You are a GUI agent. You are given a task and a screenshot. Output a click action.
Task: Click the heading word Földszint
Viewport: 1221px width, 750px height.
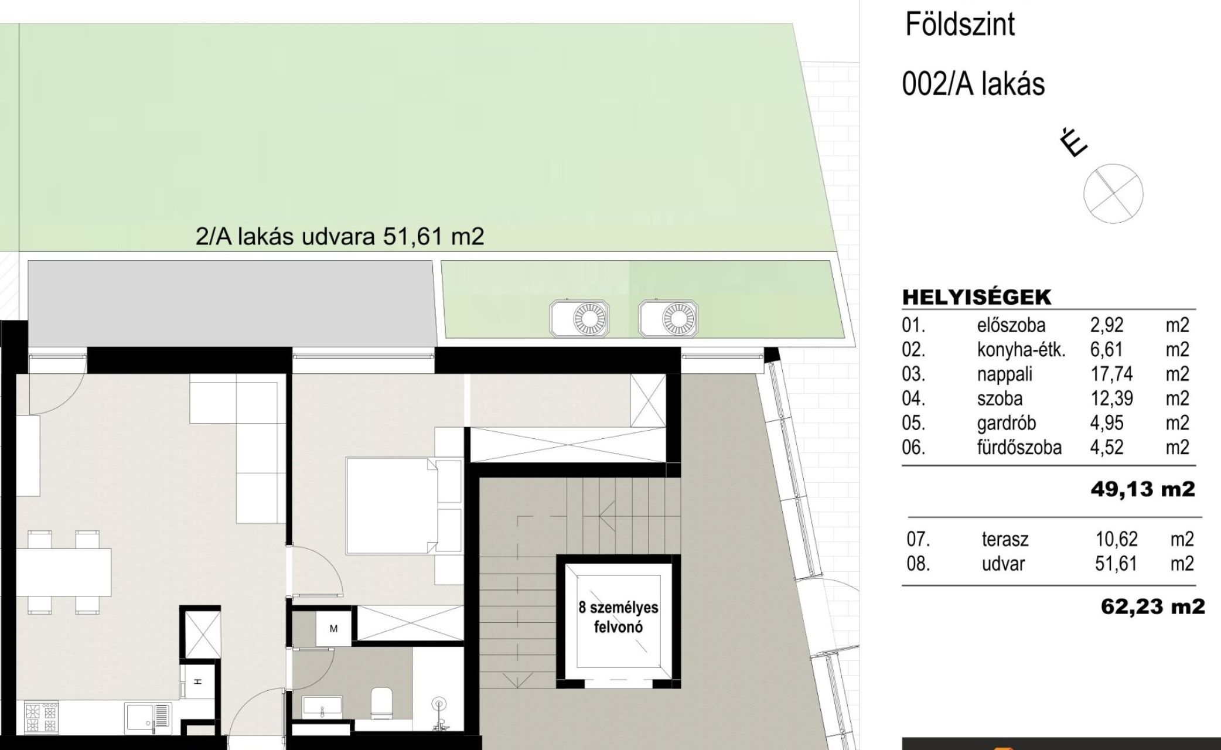pos(960,25)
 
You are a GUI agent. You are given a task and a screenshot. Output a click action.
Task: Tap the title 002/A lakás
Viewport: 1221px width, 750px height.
pos(973,84)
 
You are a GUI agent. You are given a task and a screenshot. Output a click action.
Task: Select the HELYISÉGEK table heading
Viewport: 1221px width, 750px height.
pos(977,297)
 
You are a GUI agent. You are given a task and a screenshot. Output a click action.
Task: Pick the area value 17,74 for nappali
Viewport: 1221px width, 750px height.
pos(1111,374)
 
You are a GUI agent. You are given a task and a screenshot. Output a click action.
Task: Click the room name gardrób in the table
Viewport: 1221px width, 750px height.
pos(1006,422)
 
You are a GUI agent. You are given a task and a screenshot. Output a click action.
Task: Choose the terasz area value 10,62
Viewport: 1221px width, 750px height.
pos(1117,539)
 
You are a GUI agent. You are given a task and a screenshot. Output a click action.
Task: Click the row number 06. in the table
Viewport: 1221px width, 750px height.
pos(913,448)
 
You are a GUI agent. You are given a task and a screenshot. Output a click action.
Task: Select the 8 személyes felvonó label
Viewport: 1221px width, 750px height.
pos(618,618)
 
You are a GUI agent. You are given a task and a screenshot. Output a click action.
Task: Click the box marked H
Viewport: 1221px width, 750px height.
pos(197,681)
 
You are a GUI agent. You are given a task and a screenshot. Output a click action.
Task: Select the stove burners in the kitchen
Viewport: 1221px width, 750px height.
pos(41,717)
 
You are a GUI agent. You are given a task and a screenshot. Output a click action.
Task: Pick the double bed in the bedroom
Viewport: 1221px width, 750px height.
pos(392,505)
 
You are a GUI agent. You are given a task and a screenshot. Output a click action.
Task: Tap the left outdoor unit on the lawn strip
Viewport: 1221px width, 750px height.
pos(579,319)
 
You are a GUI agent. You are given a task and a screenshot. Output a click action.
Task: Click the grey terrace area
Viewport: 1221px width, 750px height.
pos(232,304)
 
